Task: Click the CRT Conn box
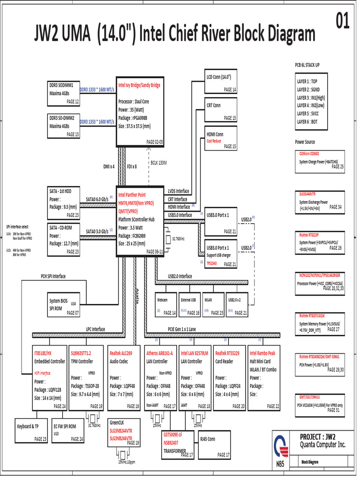(x=221, y=112)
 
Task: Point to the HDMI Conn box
(x=221, y=139)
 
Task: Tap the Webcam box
(x=166, y=305)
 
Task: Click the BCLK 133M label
(x=158, y=163)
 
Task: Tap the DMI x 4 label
(x=109, y=166)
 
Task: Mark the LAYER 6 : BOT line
(x=314, y=121)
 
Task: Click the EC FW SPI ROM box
(x=68, y=430)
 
